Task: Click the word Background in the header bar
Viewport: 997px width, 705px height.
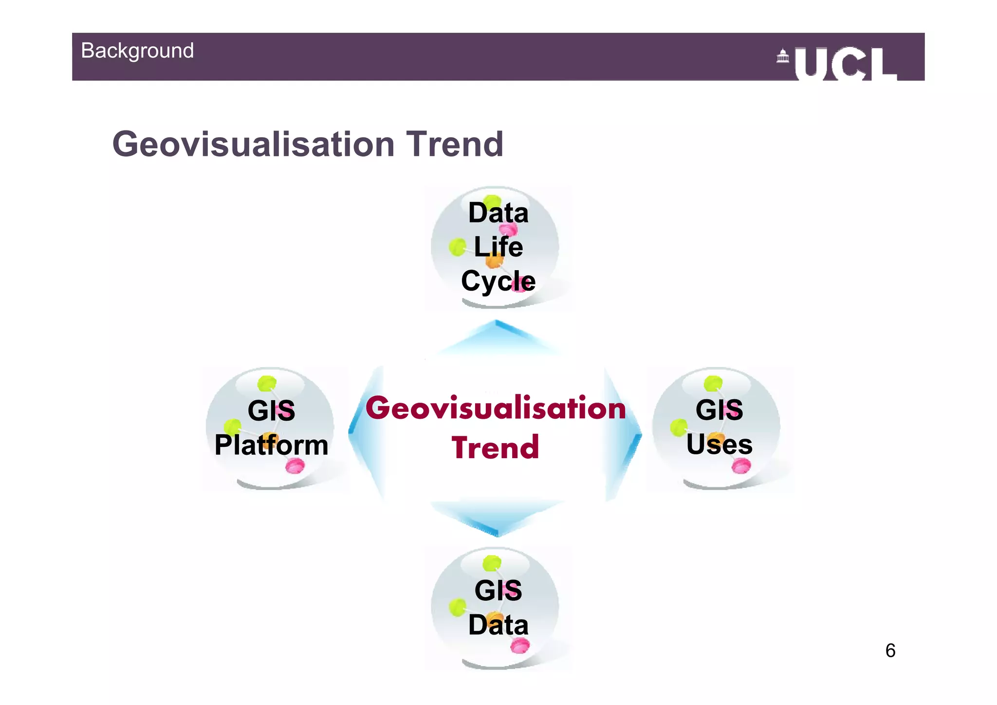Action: tap(137, 51)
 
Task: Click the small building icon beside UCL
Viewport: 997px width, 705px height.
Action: tap(782, 56)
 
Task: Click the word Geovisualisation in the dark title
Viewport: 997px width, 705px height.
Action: tap(253, 145)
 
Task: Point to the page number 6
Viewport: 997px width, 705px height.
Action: tap(890, 650)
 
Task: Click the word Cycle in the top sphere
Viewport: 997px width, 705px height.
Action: tap(498, 281)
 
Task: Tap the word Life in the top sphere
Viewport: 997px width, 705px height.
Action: tap(498, 247)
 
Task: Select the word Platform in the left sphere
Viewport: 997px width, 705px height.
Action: tap(271, 445)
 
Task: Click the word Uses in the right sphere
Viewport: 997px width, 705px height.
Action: tap(719, 445)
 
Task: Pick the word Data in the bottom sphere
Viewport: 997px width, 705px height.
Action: tap(498, 625)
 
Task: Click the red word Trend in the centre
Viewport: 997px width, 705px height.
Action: tap(495, 448)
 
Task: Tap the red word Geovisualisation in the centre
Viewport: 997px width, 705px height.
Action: tap(495, 408)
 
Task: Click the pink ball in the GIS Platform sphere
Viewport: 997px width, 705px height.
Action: tap(295, 466)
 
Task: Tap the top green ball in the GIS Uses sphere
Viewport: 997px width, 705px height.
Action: tap(713, 383)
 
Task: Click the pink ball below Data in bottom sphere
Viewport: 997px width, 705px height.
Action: tap(520, 646)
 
